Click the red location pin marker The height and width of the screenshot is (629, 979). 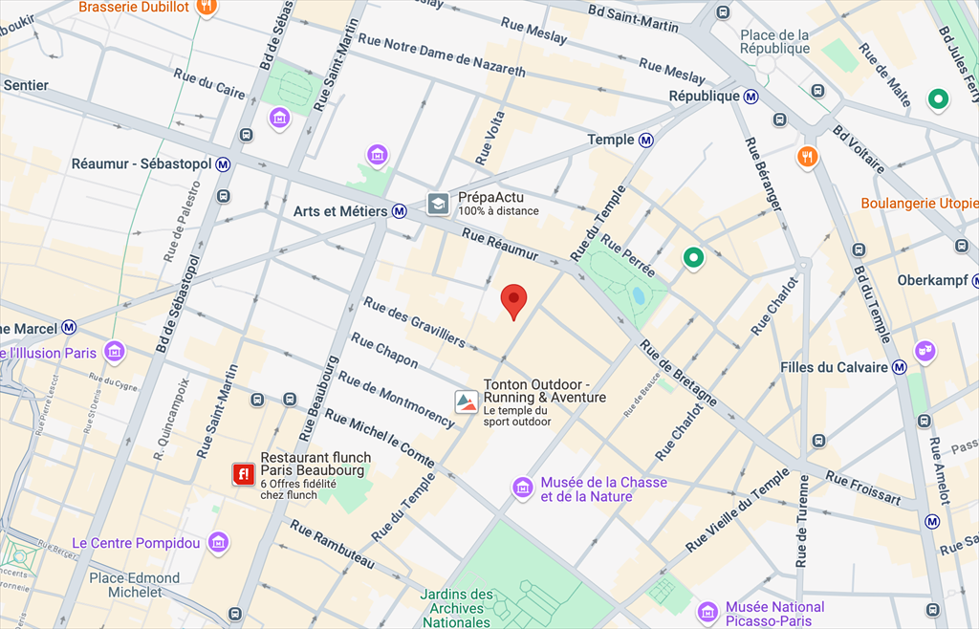514,300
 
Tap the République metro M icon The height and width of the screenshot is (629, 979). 752,97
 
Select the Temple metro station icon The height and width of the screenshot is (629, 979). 647,141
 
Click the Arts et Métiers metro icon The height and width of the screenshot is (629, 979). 400,211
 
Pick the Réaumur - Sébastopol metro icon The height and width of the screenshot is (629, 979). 224,164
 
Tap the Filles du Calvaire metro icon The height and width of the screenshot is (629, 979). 899,367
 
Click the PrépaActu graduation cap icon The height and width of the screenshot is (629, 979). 438,204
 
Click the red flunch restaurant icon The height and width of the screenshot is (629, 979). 243,473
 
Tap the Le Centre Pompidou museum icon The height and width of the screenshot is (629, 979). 219,542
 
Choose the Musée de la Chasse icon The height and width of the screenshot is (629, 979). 522,488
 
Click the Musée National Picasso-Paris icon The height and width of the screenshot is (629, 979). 707,612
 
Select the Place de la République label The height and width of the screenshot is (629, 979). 774,42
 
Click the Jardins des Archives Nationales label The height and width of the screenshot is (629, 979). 457,609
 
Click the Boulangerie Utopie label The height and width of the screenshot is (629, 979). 919,204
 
